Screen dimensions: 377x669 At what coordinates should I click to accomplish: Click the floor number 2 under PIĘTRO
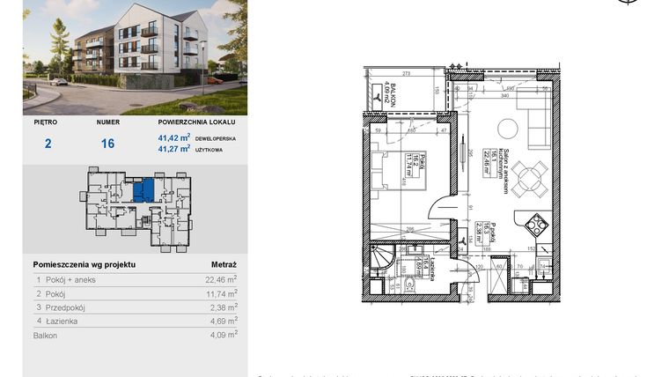click(x=48, y=143)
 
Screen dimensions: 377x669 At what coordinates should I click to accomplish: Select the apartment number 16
click(x=107, y=143)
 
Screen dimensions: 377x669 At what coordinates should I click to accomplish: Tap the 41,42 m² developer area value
click(x=174, y=137)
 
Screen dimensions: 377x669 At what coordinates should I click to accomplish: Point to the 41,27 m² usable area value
click(x=174, y=149)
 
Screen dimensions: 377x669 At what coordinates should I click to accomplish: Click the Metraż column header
click(x=224, y=263)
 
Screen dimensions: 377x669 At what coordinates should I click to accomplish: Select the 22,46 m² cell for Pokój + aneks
click(x=221, y=279)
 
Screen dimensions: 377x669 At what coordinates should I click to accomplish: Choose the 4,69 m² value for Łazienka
click(x=221, y=322)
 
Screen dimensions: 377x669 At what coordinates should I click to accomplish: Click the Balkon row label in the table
click(x=46, y=335)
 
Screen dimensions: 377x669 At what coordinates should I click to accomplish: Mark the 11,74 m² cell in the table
click(x=221, y=293)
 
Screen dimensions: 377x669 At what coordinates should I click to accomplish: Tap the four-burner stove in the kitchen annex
click(x=536, y=226)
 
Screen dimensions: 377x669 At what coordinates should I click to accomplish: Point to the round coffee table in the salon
click(x=508, y=129)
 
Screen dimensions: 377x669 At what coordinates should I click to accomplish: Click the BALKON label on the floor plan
click(x=375, y=89)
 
